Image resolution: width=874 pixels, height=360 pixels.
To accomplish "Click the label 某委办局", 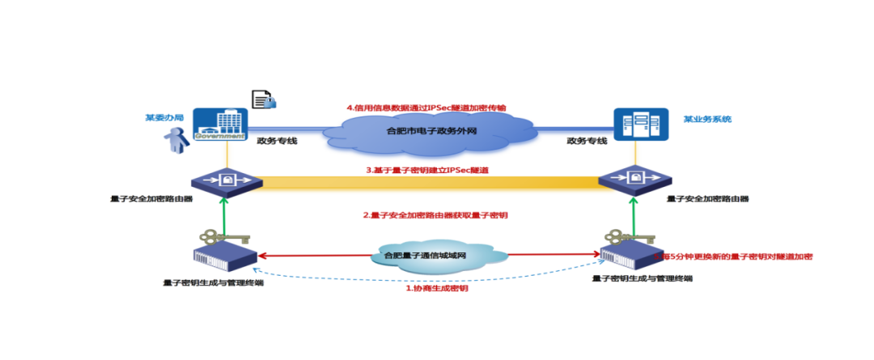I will tap(164, 117).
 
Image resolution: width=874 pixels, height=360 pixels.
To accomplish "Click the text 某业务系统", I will tap(706, 119).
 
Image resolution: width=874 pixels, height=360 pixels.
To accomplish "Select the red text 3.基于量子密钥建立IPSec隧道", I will tap(426, 171).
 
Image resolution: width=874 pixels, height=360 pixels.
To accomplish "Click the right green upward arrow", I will tap(630, 218).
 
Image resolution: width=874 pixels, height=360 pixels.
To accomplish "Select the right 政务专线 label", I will tap(587, 141).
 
